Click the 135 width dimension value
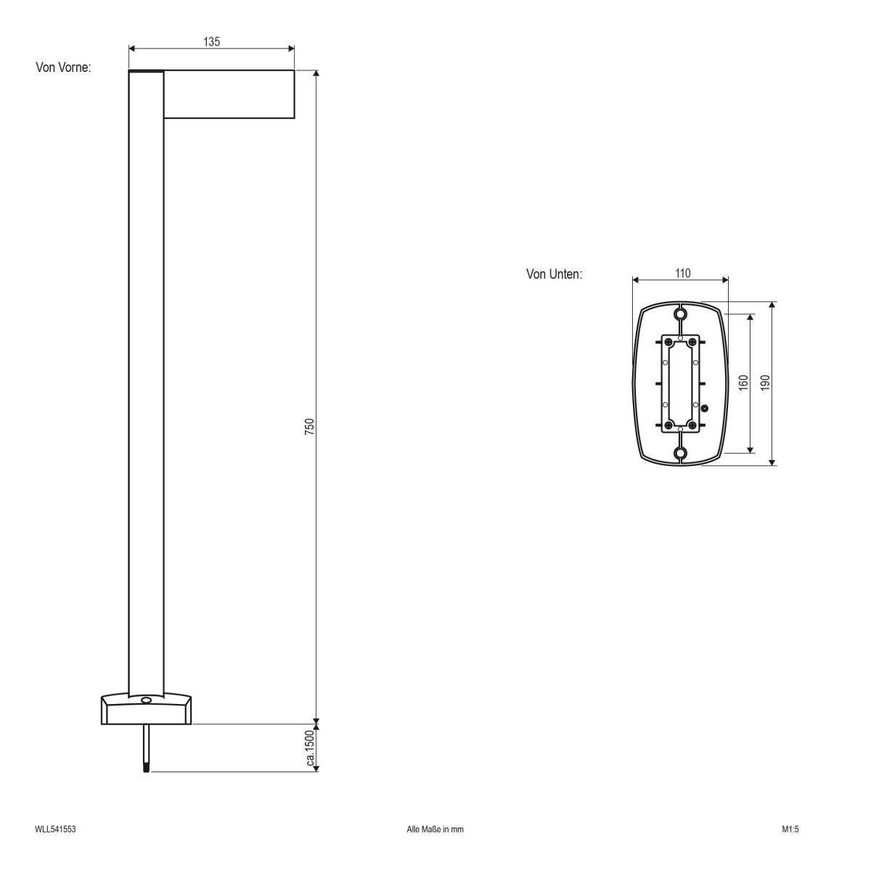click(211, 41)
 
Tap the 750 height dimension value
click(308, 426)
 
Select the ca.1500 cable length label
click(309, 748)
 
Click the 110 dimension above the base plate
click(682, 274)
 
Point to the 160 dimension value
click(743, 383)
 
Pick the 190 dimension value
click(764, 383)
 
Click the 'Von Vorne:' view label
click(63, 68)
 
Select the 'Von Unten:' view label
click(554, 274)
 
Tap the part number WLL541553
click(55, 828)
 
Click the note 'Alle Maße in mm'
click(435, 828)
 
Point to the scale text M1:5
click(790, 828)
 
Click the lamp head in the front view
click(229, 94)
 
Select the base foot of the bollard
click(146, 710)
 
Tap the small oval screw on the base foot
click(146, 700)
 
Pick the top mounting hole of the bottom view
click(680, 314)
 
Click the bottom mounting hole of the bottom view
click(680, 454)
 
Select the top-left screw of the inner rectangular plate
click(667, 342)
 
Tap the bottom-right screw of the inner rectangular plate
click(692, 425)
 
